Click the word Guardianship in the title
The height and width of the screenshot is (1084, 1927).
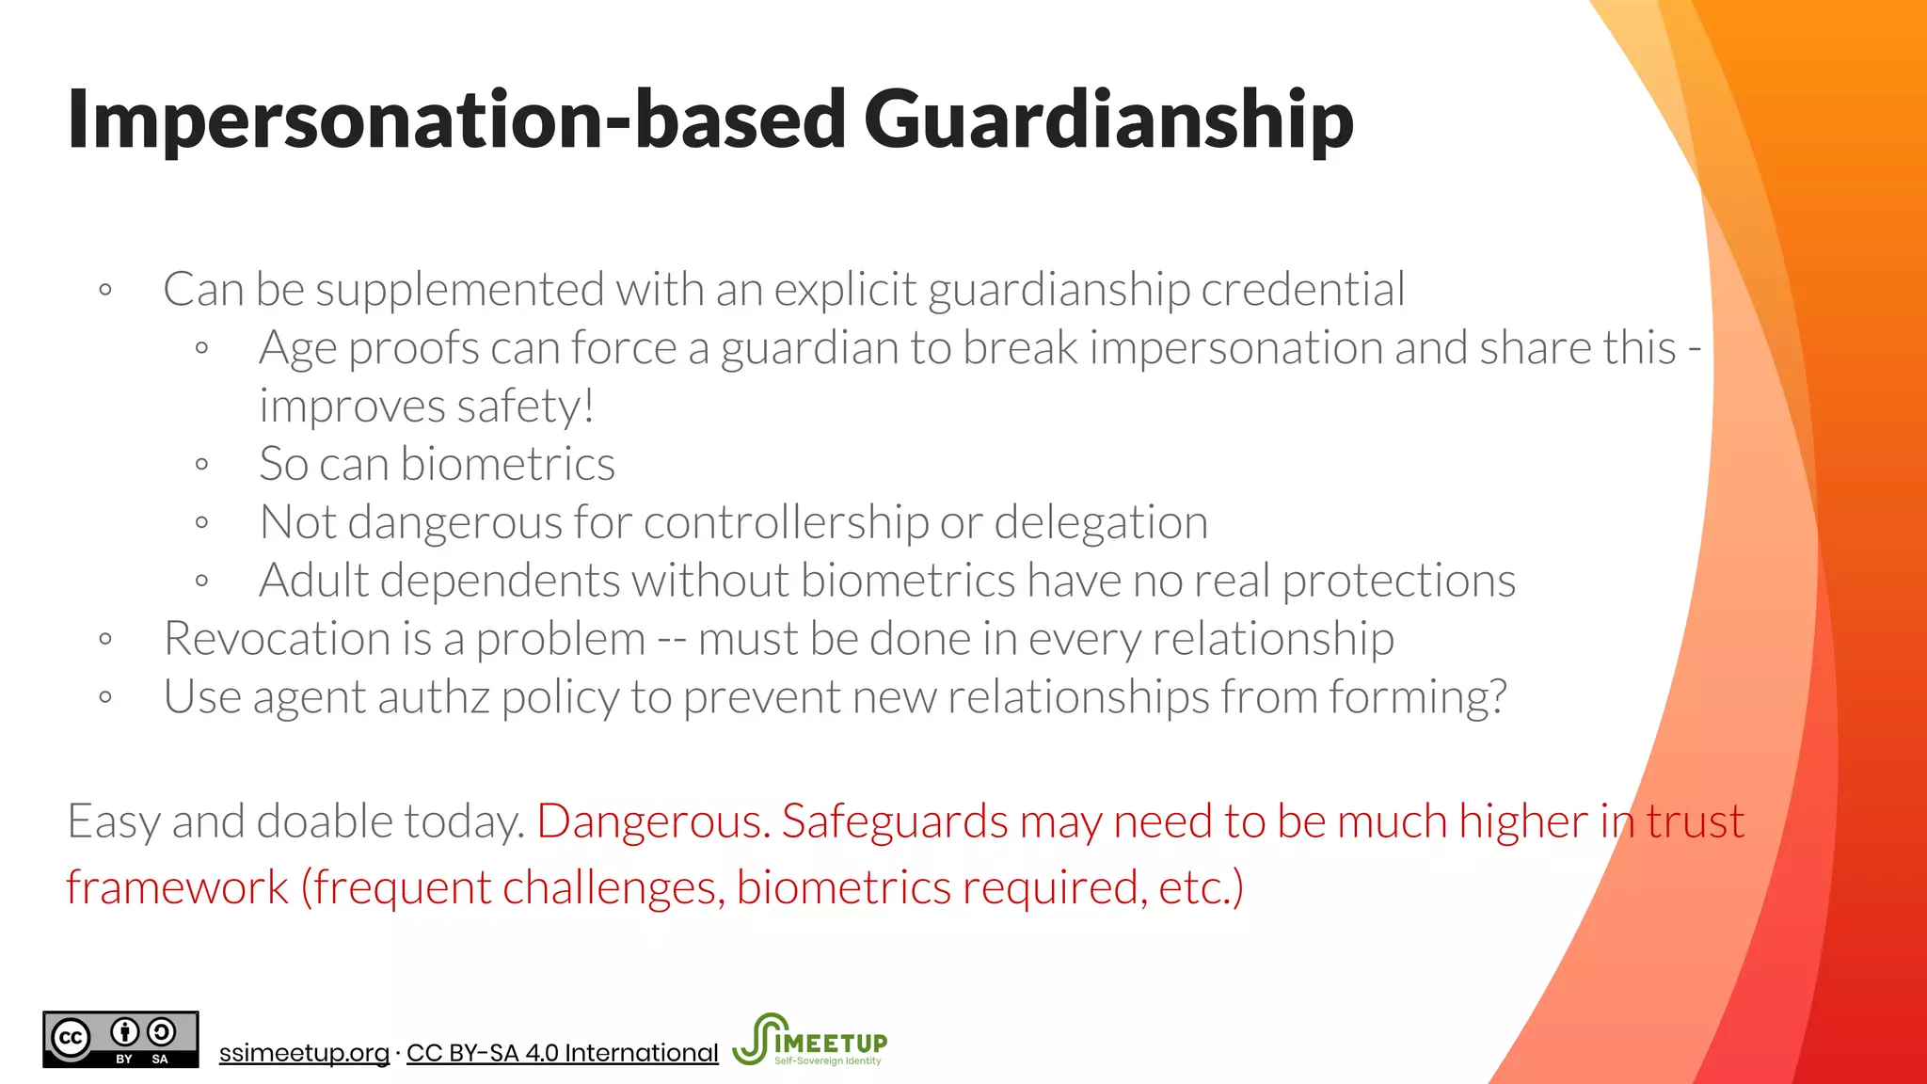[1107, 120]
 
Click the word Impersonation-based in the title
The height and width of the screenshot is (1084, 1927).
[456, 120]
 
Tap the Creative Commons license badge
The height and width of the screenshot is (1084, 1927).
[120, 1040]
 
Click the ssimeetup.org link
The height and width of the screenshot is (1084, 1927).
[304, 1053]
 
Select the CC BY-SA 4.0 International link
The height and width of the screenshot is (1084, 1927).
[562, 1053]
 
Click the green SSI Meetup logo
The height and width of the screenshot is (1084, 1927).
[809, 1040]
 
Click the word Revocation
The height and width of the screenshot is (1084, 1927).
[277, 639]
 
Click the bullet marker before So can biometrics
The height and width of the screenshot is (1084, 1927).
[201, 464]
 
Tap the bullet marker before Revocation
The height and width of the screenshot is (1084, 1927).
[105, 640]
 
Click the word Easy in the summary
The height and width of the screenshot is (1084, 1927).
[114, 821]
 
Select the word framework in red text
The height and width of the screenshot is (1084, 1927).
[178, 887]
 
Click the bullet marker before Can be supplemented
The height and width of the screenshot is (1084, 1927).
[105, 290]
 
